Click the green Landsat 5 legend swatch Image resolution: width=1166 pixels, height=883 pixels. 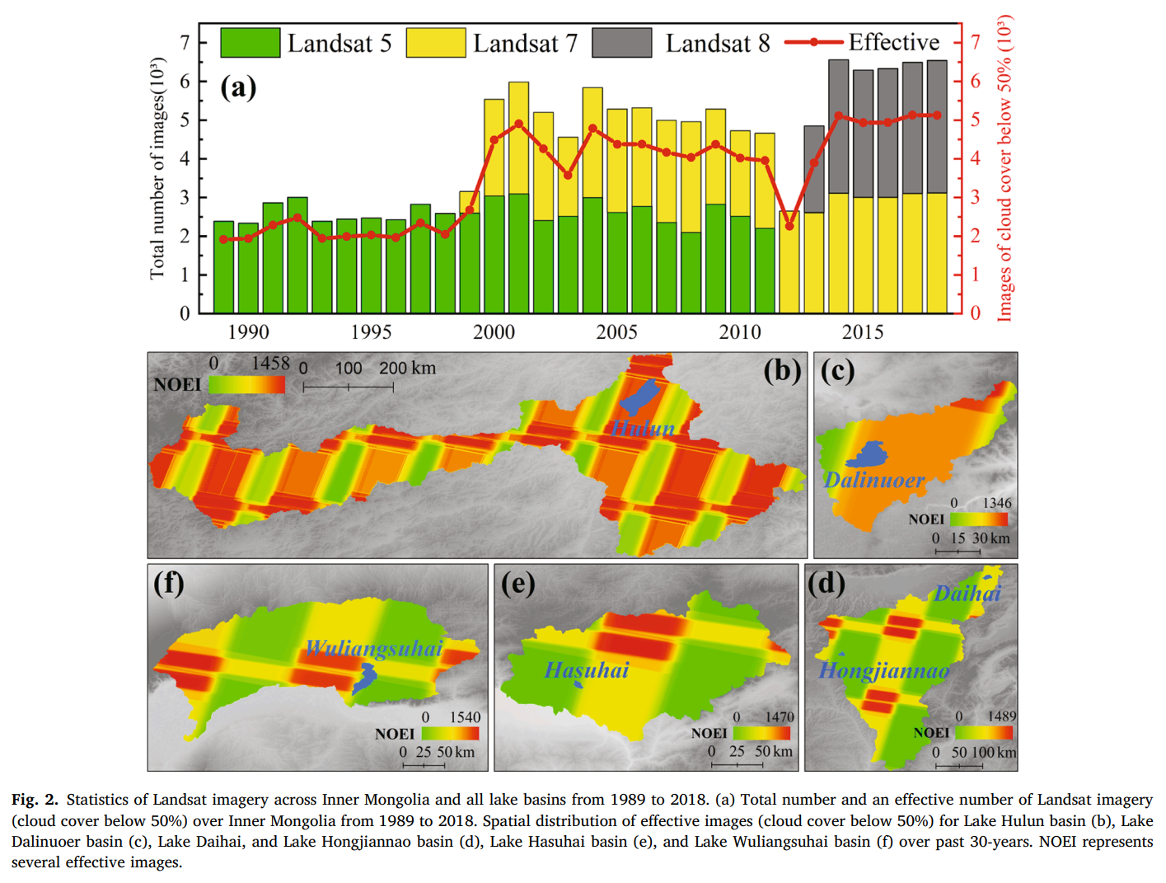coord(250,43)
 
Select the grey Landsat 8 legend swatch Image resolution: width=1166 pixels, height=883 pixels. coord(621,43)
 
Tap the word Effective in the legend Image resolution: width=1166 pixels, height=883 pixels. coord(894,42)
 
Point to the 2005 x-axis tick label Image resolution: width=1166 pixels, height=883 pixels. coord(616,332)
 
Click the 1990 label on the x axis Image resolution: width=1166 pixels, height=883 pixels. coord(248,332)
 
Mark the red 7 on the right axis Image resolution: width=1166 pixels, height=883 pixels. coord(976,42)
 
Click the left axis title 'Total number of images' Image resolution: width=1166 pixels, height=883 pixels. coord(157,169)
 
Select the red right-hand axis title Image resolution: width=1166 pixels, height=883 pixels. coord(1004,169)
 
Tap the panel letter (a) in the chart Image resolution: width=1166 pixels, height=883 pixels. coord(238,87)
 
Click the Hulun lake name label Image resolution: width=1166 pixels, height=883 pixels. coord(643,428)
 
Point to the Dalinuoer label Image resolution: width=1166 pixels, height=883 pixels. coord(874,480)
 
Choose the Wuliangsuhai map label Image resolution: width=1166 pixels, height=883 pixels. coord(374,648)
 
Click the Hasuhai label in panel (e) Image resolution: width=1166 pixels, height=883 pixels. coord(587,670)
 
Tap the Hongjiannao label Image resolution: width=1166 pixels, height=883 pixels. coord(883,670)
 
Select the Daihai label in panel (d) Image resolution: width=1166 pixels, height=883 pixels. coord(967,594)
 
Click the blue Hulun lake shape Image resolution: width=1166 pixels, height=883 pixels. coord(639,397)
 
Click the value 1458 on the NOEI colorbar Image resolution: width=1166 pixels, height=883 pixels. coord(270,364)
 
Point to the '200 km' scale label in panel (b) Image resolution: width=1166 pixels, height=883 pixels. coord(407,368)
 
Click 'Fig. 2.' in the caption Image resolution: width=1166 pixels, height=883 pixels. coord(35,799)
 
